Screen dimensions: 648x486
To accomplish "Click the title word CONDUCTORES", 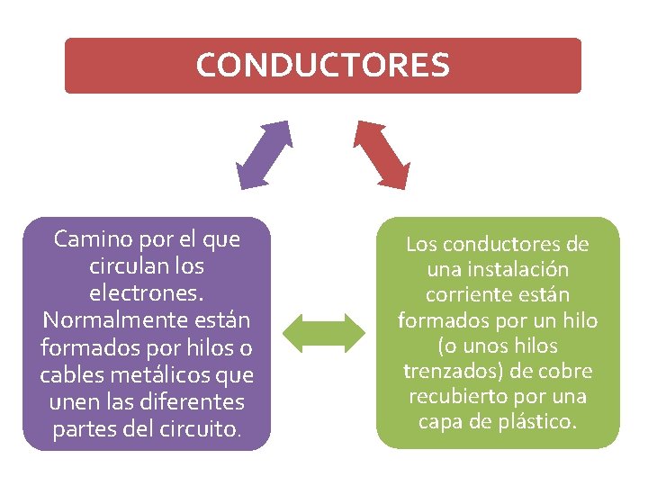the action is pos(322,65).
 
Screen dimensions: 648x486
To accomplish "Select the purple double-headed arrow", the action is pos(264,154).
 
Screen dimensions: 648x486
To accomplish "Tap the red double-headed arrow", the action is pos(382,154).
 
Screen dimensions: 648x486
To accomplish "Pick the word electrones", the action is pos(147,293).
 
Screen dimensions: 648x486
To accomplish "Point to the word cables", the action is pos(67,374).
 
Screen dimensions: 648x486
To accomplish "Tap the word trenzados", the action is pos(446,371).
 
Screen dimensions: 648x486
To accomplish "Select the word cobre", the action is pos(564,371).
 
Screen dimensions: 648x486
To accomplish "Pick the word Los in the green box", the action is pos(420,244).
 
